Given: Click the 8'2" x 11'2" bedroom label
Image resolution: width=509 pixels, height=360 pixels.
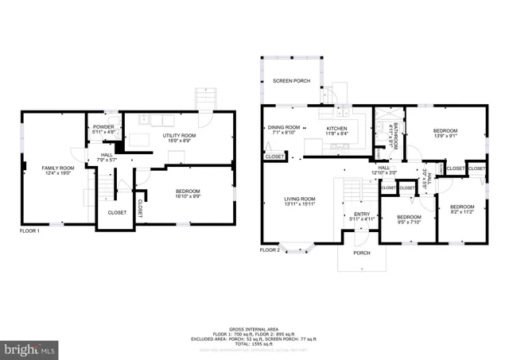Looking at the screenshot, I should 462,188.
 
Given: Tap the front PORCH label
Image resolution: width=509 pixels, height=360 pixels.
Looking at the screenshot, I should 362,253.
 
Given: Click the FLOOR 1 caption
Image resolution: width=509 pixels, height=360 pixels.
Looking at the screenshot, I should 31,231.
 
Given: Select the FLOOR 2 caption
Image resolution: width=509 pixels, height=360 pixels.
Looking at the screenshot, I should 270,250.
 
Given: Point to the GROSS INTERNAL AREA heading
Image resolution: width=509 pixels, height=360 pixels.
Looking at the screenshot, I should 254,328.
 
